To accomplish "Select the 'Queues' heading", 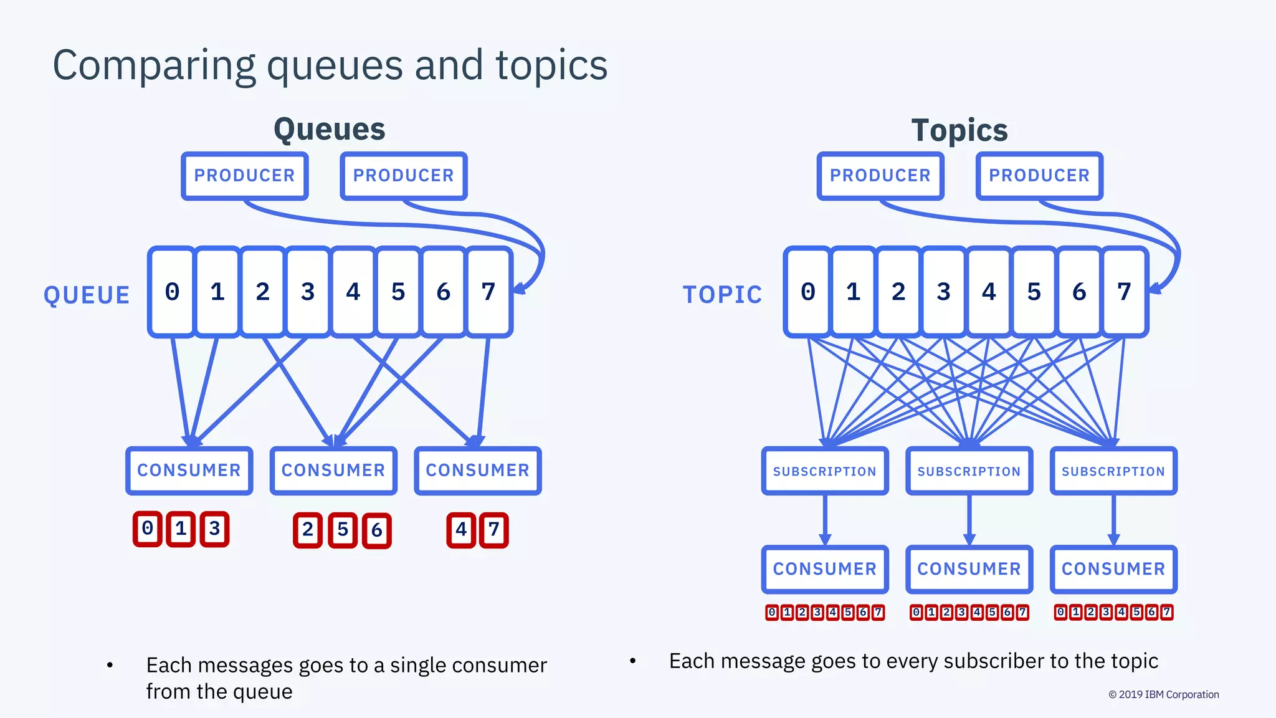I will click(x=330, y=130).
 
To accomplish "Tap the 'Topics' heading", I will click(x=959, y=131).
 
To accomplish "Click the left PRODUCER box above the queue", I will click(x=245, y=176).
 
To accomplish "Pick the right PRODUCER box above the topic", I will click(x=1039, y=176).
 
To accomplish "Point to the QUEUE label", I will click(x=87, y=295).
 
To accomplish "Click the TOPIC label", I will click(x=722, y=295).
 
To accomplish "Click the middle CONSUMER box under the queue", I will click(x=333, y=471).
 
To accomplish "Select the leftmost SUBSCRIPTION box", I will click(x=824, y=471).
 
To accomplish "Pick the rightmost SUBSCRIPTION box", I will click(x=1113, y=471).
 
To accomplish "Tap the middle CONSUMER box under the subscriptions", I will click(x=969, y=569).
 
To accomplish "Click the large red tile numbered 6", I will click(x=377, y=530).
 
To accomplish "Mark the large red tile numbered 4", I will click(x=461, y=530).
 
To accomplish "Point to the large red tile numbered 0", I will click(x=148, y=529).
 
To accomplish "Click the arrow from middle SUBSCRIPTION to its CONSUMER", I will click(x=969, y=519).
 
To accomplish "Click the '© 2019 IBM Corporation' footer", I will click(x=1163, y=694).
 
